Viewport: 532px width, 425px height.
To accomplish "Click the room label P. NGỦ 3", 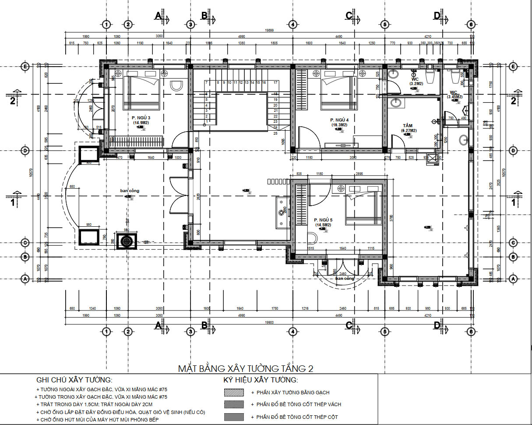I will pos(141,118).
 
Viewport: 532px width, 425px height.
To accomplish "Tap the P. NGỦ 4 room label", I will pos(339,120).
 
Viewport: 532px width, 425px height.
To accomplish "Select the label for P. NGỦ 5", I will pos(323,220).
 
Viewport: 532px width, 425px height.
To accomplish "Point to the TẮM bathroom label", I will pos(408,125).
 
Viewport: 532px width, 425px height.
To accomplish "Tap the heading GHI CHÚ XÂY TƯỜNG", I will pos(74,380).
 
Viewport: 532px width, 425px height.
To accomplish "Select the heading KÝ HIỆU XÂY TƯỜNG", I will pos(261,380).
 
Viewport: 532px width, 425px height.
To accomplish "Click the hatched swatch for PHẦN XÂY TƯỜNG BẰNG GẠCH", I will pos(233,393).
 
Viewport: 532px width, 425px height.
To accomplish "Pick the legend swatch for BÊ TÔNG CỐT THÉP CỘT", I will pos(233,416).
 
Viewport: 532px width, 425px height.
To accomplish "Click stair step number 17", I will pos(275,82).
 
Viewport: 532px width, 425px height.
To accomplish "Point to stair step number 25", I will pos(275,133).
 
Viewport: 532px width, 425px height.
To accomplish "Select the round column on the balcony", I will pos(127,241).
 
